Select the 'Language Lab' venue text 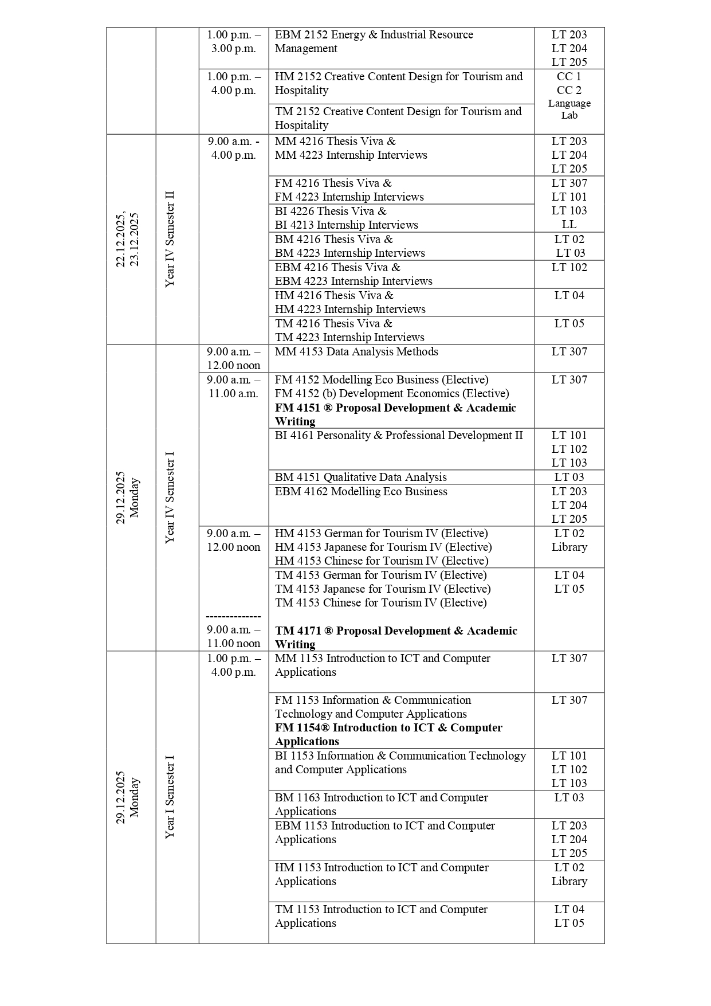click(569, 109)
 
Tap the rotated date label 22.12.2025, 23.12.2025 click(127, 240)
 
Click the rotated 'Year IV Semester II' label click(170, 240)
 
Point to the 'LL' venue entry click(569, 225)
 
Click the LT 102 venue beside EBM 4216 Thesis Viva click(569, 268)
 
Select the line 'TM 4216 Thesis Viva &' click(333, 324)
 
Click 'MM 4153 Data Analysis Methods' click(356, 352)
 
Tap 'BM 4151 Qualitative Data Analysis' click(360, 477)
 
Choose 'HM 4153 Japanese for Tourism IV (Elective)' click(383, 547)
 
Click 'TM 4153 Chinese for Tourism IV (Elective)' click(380, 603)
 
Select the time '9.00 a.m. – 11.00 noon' click(233, 637)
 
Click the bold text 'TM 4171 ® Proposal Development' click(396, 631)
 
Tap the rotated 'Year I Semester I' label click(170, 797)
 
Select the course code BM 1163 click(297, 798)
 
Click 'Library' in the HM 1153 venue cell click(569, 882)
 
